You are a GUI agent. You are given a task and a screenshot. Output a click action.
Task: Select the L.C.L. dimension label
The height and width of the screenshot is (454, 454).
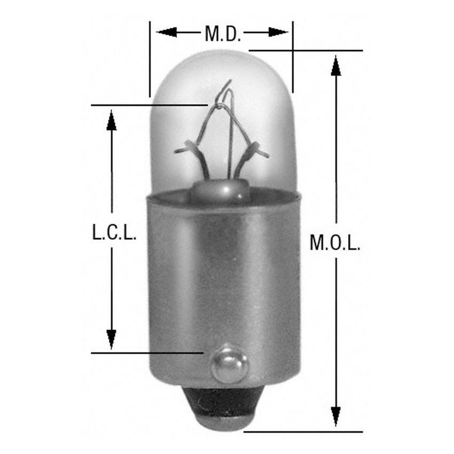point(112,233)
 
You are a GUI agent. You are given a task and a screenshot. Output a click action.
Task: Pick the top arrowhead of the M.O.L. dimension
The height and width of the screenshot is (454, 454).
point(335,65)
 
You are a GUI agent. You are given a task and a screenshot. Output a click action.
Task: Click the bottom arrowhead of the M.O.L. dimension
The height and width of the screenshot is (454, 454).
point(335,417)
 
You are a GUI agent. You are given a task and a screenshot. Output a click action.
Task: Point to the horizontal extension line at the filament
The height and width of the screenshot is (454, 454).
point(150,105)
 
